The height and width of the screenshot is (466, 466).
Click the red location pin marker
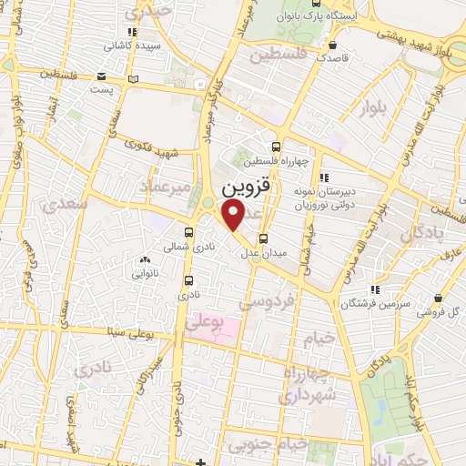pyautogui.click(x=234, y=215)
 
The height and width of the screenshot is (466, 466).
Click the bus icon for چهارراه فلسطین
pyautogui.click(x=277, y=147)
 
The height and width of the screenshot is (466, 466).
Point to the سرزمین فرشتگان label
pyautogui.click(x=370, y=303)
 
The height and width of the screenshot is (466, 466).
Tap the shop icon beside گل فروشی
pyautogui.click(x=440, y=297)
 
